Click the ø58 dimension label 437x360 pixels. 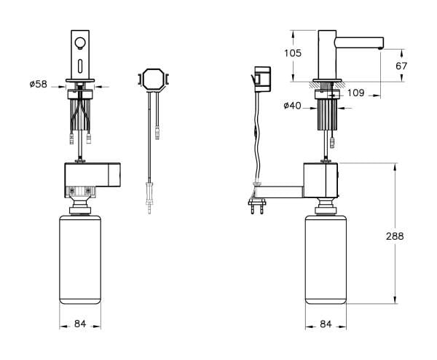[38, 85]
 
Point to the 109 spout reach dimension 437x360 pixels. [356, 92]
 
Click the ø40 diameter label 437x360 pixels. [294, 107]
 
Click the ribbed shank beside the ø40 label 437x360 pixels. [327, 114]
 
